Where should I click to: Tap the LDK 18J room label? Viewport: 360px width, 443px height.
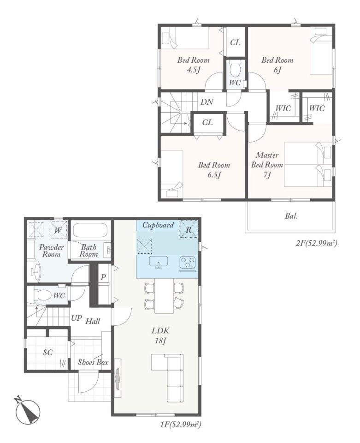coord(160,335)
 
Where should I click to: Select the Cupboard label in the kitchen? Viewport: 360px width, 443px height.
coord(158,225)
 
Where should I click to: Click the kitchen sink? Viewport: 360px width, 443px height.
coord(158,263)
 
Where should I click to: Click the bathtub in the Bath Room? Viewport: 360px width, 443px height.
coord(89,230)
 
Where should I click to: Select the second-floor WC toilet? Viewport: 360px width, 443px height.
coord(235,68)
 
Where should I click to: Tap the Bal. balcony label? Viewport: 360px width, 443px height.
coord(291,216)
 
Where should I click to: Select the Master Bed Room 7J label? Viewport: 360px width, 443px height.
coord(267,165)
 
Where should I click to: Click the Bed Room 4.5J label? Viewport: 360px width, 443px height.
coord(193,65)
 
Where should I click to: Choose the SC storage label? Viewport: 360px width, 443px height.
coord(48,352)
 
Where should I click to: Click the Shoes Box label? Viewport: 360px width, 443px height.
coord(93,362)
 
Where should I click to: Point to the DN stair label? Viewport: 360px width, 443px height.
coord(207,102)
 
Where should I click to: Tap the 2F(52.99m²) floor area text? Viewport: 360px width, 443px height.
coord(317,243)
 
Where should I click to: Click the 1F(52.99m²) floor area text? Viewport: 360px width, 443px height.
coord(181,425)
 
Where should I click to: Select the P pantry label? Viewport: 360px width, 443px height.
coord(103,277)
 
